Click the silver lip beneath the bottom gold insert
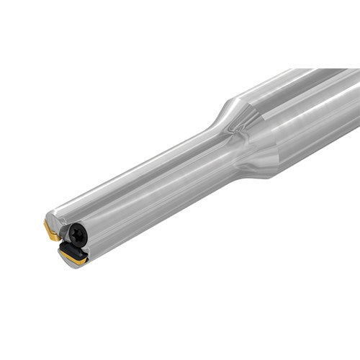click(81, 265)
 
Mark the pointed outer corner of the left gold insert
click(45, 229)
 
